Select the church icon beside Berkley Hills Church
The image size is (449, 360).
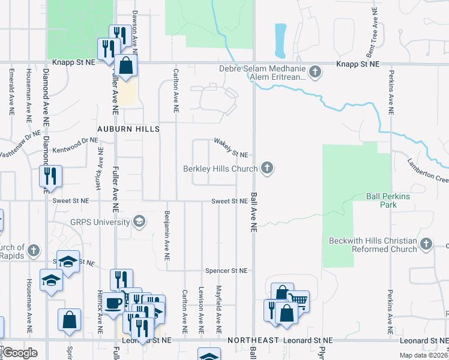pyautogui.click(x=268, y=169)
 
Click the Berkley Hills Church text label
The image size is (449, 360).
pyautogui.click(x=220, y=169)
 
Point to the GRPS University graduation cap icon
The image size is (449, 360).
pyautogui.click(x=139, y=222)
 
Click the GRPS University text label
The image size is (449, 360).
pyautogui.click(x=98, y=222)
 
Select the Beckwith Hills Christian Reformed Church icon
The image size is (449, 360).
pyautogui.click(x=426, y=244)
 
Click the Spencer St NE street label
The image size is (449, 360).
pyautogui.click(x=226, y=271)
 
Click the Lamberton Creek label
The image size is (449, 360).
pyautogui.click(x=427, y=170)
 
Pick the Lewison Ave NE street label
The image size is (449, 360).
pyautogui.click(x=200, y=310)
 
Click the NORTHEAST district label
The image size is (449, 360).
pyautogui.click(x=253, y=340)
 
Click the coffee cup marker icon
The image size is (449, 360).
pyautogui.click(x=112, y=303)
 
